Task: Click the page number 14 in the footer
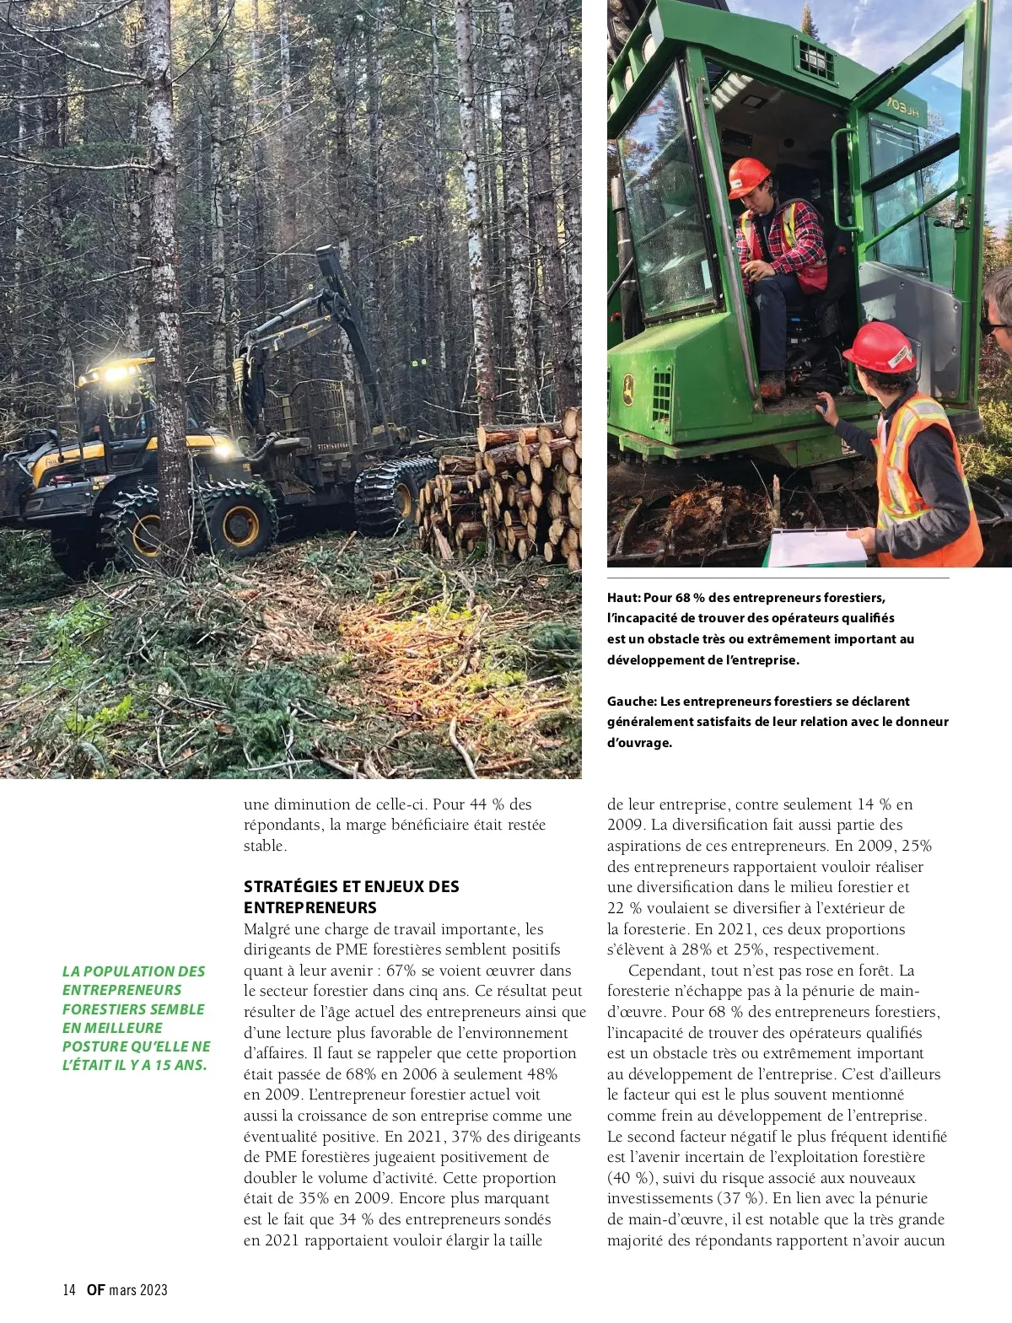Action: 69,1289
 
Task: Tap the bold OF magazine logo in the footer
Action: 95,1289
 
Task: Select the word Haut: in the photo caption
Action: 623,598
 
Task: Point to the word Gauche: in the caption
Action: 632,702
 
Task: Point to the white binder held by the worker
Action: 817,548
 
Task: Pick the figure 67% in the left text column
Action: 401,971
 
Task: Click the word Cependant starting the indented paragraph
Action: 667,971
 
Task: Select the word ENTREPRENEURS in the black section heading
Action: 310,908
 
